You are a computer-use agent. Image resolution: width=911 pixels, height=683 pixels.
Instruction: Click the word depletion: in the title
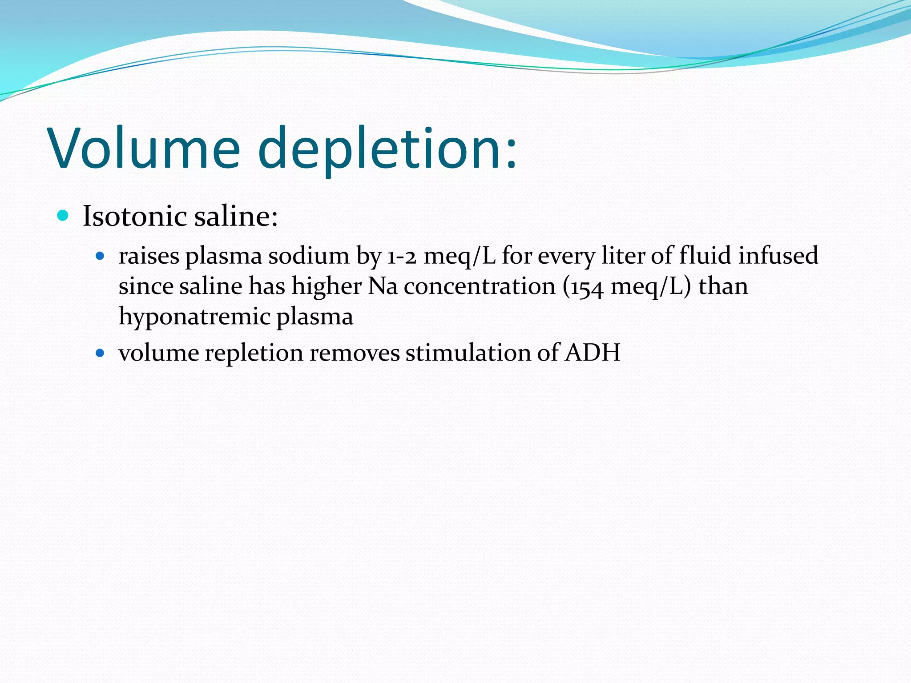click(387, 149)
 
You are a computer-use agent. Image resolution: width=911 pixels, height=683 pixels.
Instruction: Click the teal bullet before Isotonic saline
click(63, 216)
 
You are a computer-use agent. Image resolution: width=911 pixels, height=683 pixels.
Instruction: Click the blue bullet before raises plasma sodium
click(100, 256)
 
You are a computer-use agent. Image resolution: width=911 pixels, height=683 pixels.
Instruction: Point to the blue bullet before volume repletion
click(100, 354)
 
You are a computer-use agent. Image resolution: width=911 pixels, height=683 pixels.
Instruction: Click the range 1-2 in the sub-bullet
click(402, 257)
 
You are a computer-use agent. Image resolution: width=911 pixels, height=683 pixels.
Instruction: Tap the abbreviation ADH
click(593, 353)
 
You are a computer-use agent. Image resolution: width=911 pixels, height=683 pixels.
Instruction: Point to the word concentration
click(480, 286)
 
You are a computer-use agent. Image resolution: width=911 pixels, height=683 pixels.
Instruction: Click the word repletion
click(254, 354)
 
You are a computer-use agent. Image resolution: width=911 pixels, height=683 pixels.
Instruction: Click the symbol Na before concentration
click(383, 286)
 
